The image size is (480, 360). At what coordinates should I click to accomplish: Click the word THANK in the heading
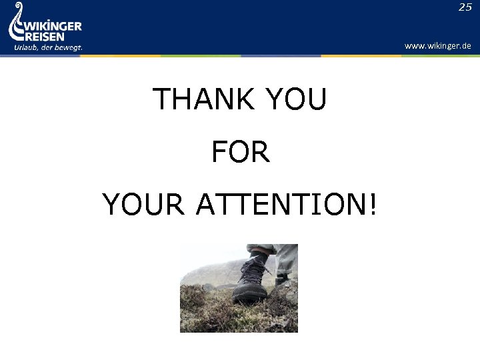(x=203, y=100)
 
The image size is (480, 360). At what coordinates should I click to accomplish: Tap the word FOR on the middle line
(x=240, y=152)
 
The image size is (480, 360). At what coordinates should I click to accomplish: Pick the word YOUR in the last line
(x=143, y=204)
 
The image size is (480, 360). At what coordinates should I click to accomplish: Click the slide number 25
(x=465, y=7)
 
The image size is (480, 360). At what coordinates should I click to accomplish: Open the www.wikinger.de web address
(x=437, y=46)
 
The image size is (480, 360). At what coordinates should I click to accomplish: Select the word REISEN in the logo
(x=45, y=37)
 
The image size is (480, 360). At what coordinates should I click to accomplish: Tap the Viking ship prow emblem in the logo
(x=16, y=27)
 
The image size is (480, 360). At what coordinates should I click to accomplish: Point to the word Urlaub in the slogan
(x=25, y=48)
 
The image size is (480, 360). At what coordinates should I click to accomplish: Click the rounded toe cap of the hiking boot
(x=244, y=291)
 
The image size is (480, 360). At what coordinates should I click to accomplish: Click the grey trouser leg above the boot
(x=285, y=257)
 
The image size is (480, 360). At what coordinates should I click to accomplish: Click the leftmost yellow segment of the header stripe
(x=120, y=56)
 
